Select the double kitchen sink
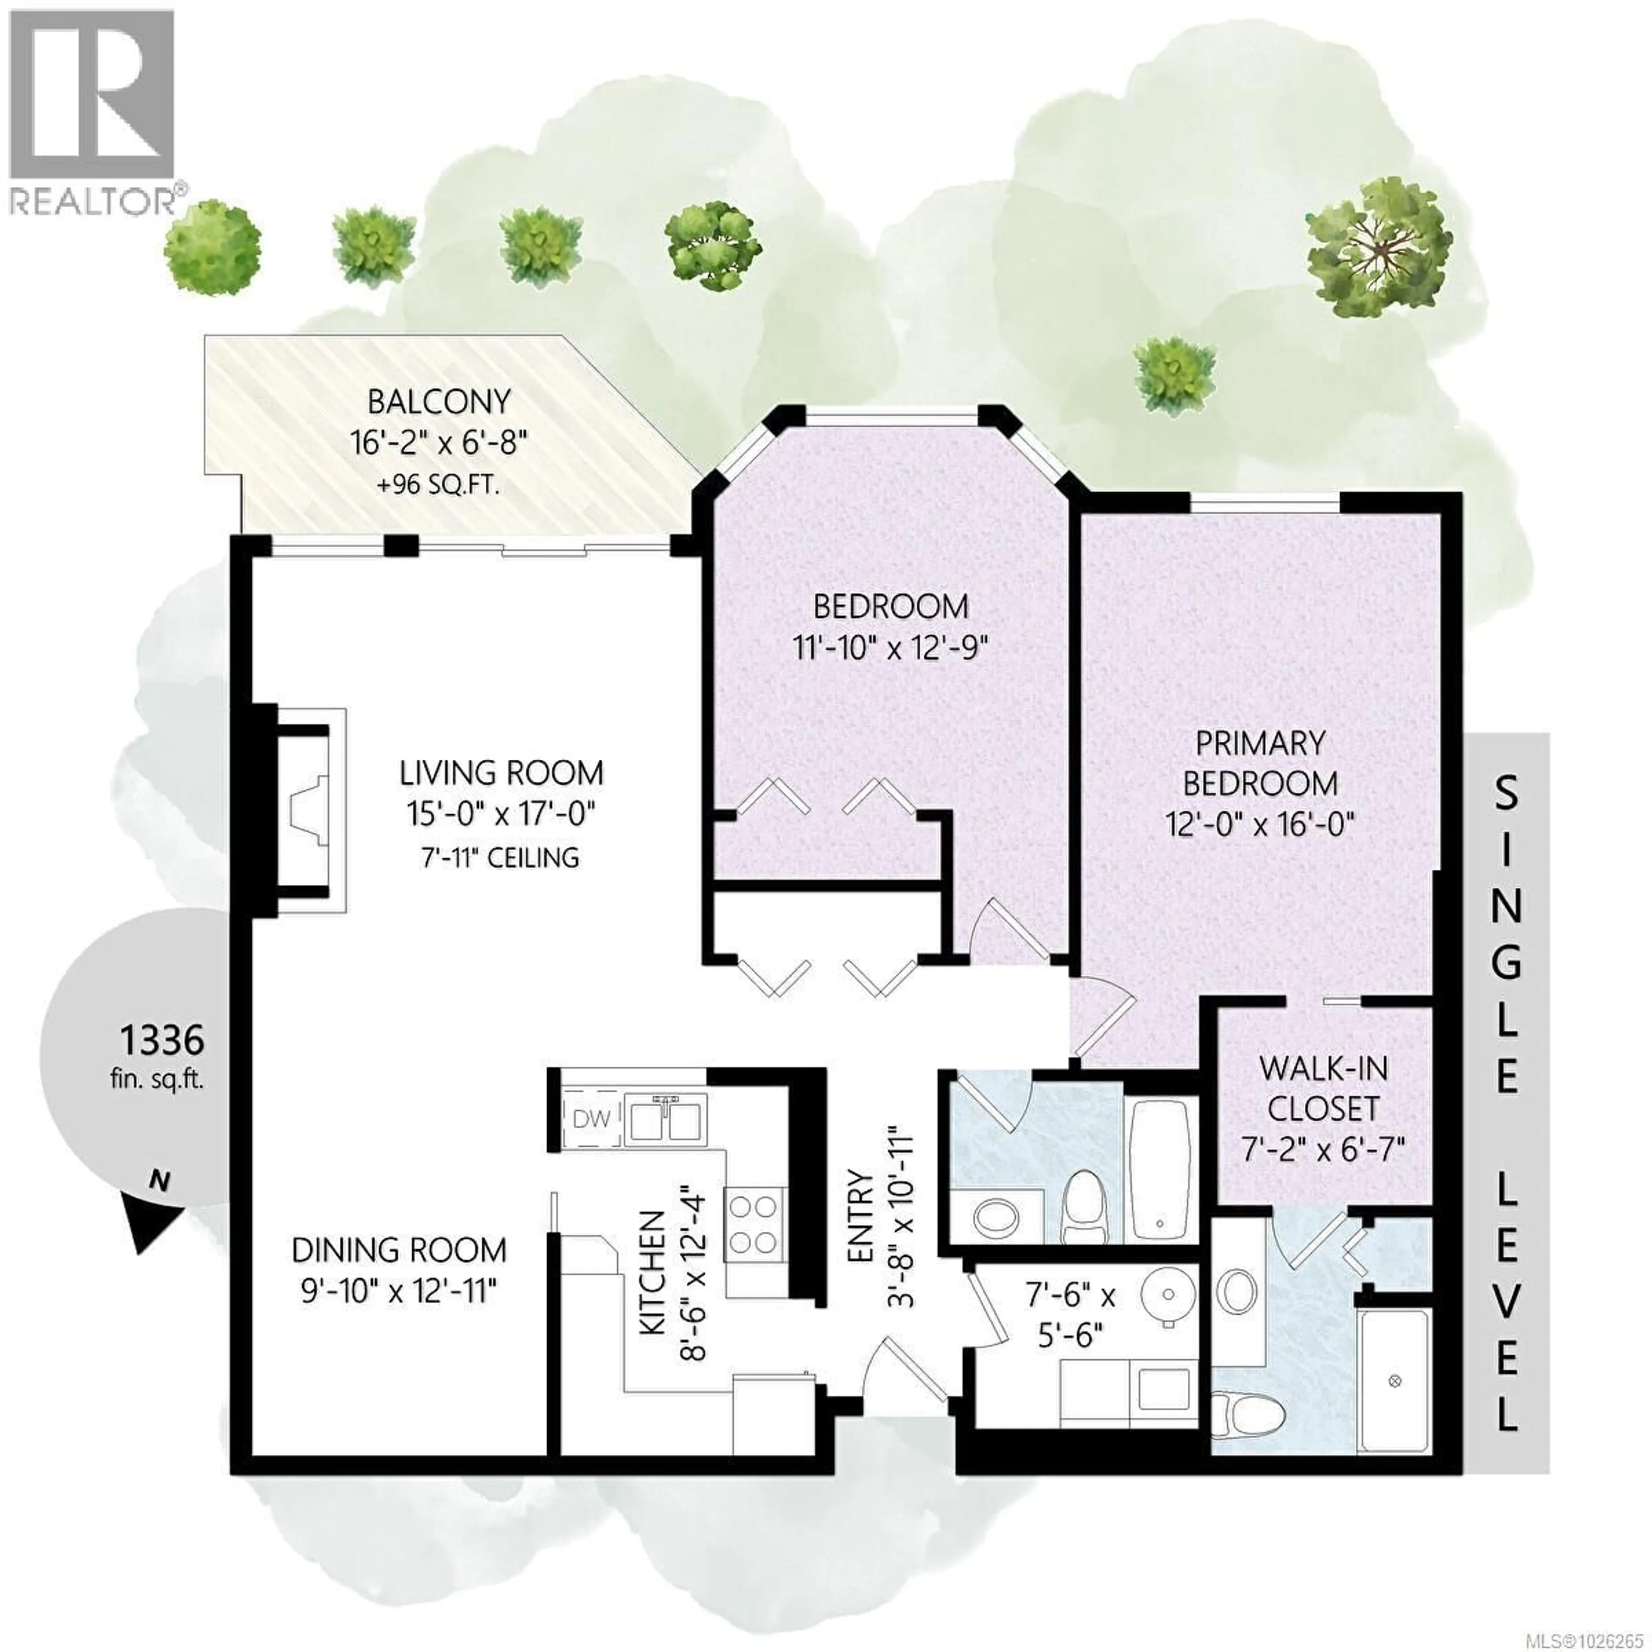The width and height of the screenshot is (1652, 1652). (x=667, y=1118)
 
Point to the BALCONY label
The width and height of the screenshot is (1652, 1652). (x=439, y=401)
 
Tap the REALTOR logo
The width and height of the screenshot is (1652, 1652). (x=94, y=111)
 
